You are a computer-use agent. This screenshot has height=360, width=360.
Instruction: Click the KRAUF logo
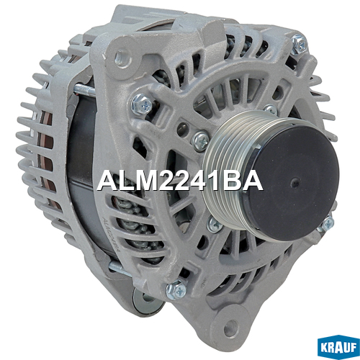tap(338, 348)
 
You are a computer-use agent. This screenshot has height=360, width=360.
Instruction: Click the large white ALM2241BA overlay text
tap(179, 181)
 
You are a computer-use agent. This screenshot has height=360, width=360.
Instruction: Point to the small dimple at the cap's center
tap(294, 183)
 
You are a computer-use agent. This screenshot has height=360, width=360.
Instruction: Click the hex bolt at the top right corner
tap(300, 44)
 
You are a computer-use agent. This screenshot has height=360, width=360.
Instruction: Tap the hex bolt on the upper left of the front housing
tap(142, 104)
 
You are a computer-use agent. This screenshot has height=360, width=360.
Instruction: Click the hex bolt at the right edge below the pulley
tap(328, 223)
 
